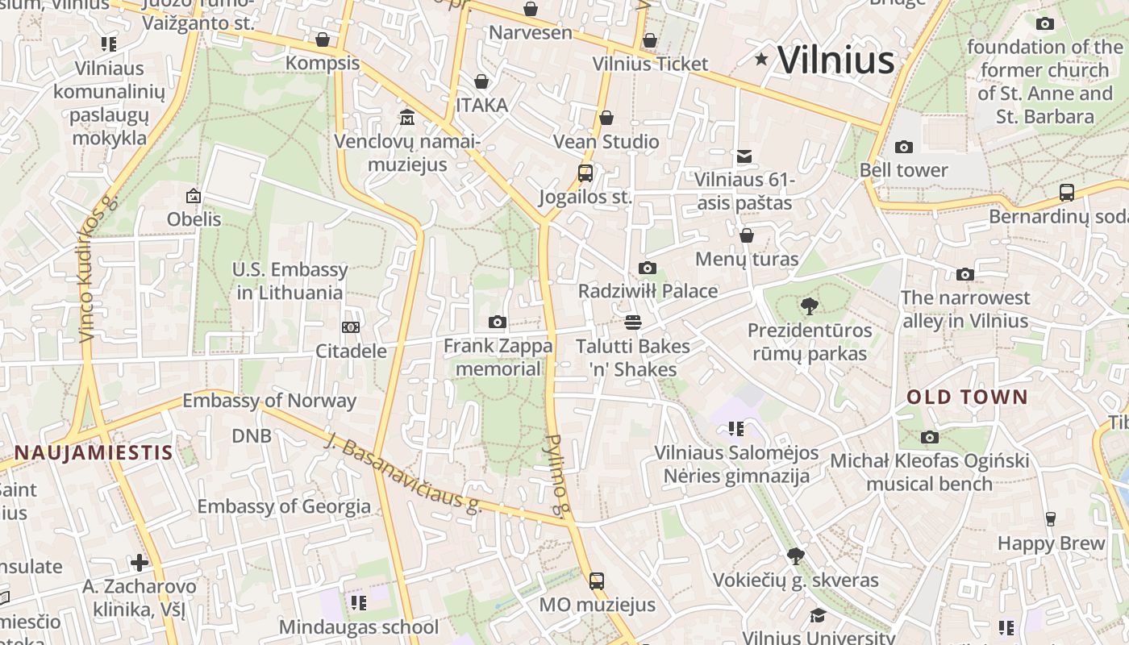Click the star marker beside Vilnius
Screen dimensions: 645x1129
point(760,59)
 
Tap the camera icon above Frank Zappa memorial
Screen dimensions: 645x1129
point(497,322)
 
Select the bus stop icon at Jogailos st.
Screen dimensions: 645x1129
point(585,173)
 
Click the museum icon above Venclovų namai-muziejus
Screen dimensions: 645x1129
point(407,118)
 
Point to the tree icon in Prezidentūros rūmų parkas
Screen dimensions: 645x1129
point(809,306)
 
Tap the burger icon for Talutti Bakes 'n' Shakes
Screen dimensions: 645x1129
point(633,322)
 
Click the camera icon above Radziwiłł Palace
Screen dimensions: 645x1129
point(647,268)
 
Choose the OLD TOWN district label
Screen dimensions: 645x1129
point(967,397)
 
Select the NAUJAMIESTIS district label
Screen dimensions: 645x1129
point(94,452)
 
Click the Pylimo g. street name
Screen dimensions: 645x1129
point(558,475)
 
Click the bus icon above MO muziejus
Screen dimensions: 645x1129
point(597,580)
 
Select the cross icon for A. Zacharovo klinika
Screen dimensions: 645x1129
point(140,562)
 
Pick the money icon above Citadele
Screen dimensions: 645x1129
point(350,327)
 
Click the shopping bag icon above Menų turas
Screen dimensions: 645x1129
point(747,235)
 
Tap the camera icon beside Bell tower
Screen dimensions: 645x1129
point(903,147)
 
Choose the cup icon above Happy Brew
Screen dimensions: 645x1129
point(1050,519)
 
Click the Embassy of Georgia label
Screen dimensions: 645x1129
point(284,506)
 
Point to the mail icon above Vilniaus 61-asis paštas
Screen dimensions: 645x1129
point(744,156)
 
